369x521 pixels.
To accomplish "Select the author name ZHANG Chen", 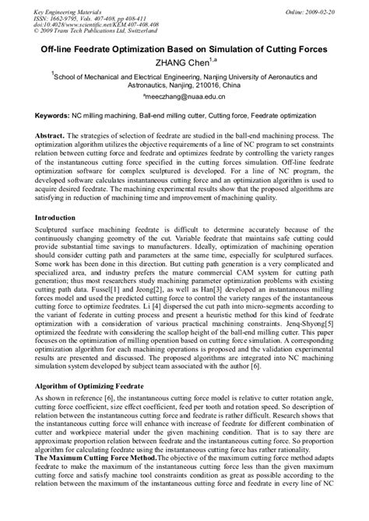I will (x=180, y=62).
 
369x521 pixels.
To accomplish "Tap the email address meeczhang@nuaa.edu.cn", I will (x=184, y=100).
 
